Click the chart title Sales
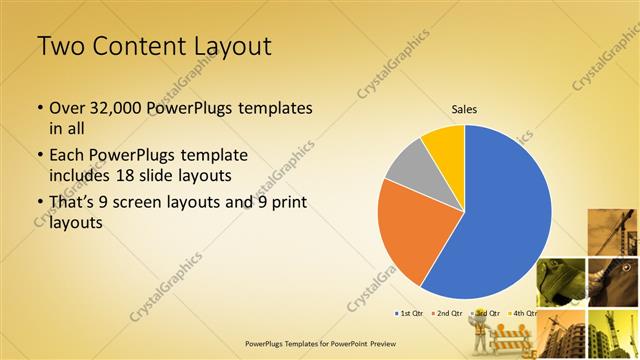pos(464,108)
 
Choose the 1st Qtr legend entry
pos(410,313)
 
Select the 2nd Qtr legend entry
pos(448,313)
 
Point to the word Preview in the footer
pos(378,342)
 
